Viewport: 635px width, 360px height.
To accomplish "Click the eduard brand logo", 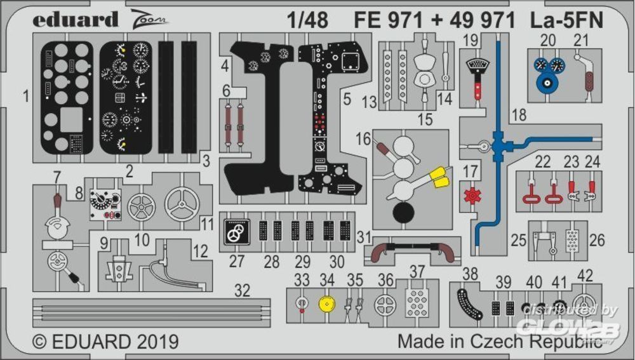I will click(x=76, y=21).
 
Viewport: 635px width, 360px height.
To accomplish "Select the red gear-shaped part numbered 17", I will click(x=471, y=194).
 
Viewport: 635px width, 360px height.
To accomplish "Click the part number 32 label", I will click(x=243, y=291).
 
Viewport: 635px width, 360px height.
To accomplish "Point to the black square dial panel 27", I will click(x=236, y=234).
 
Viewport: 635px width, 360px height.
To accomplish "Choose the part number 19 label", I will click(x=471, y=41).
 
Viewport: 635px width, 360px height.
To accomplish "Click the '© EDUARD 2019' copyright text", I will click(x=105, y=342).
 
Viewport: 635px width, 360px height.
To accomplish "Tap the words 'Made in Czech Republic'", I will click(x=500, y=342).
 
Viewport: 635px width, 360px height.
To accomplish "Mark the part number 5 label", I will click(x=345, y=99).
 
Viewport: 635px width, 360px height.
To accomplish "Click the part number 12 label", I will click(x=200, y=251).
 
